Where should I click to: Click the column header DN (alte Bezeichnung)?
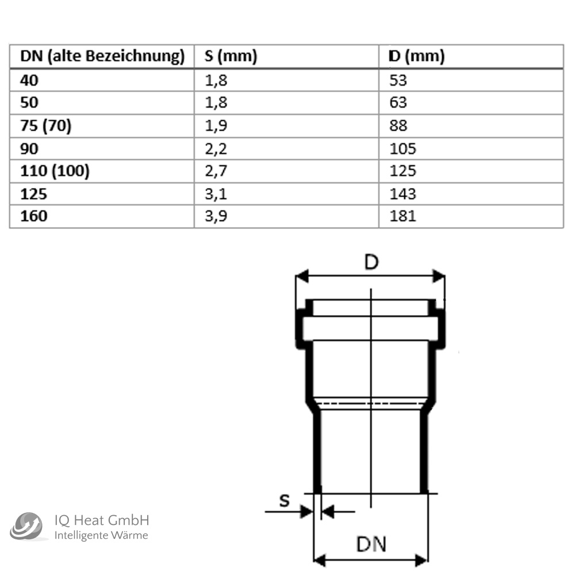[102, 57]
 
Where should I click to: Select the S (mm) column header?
[230, 57]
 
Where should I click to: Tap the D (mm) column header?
[416, 57]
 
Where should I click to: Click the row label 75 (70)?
[45, 126]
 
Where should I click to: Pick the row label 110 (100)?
[55, 171]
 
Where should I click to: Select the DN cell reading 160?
[34, 217]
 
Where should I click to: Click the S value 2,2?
[216, 149]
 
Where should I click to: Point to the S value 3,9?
[216, 217]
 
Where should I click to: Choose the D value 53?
[398, 80]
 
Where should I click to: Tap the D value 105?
[402, 149]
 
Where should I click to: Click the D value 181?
[402, 217]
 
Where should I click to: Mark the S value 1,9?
[216, 126]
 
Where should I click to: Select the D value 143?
[402, 194]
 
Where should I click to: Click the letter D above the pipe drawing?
[371, 263]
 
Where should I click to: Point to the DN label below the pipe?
[370, 543]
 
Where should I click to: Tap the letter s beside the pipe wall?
[284, 501]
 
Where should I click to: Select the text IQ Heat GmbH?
[102, 520]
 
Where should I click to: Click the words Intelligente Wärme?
[101, 535]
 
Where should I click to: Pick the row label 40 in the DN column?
[29, 80]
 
